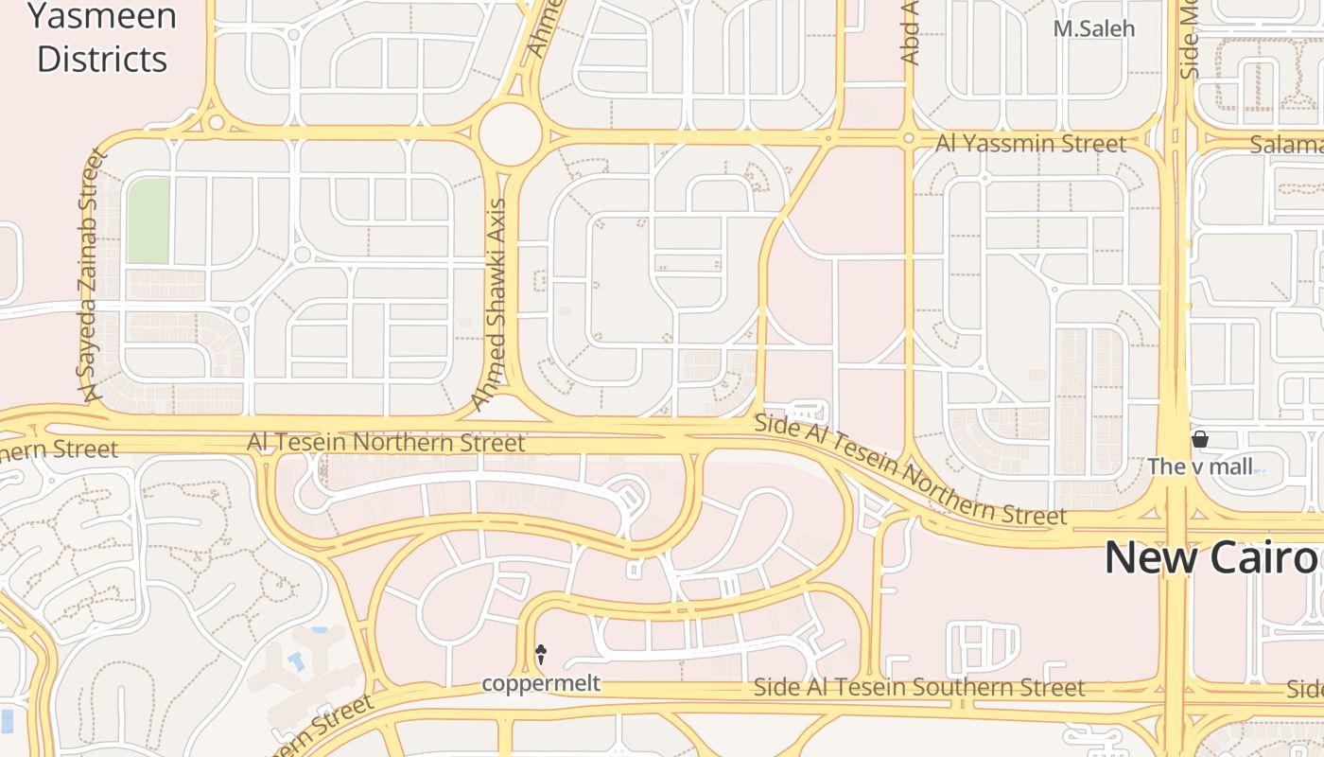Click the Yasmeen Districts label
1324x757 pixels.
101,38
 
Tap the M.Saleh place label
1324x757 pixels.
1094,28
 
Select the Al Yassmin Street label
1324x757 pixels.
1031,144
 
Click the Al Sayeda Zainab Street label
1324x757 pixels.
91,274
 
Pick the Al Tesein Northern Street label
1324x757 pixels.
386,442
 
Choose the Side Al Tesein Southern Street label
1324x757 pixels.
919,687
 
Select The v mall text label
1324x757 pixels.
1199,466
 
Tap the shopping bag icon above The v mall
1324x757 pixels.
1200,439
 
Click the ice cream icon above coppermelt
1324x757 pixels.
541,653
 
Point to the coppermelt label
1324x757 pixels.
541,683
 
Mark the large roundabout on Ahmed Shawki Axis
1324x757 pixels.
511,134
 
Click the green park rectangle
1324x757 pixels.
148,220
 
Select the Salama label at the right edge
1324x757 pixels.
1286,145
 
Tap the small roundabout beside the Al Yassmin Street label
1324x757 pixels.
908,139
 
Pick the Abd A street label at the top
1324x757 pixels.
910,32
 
